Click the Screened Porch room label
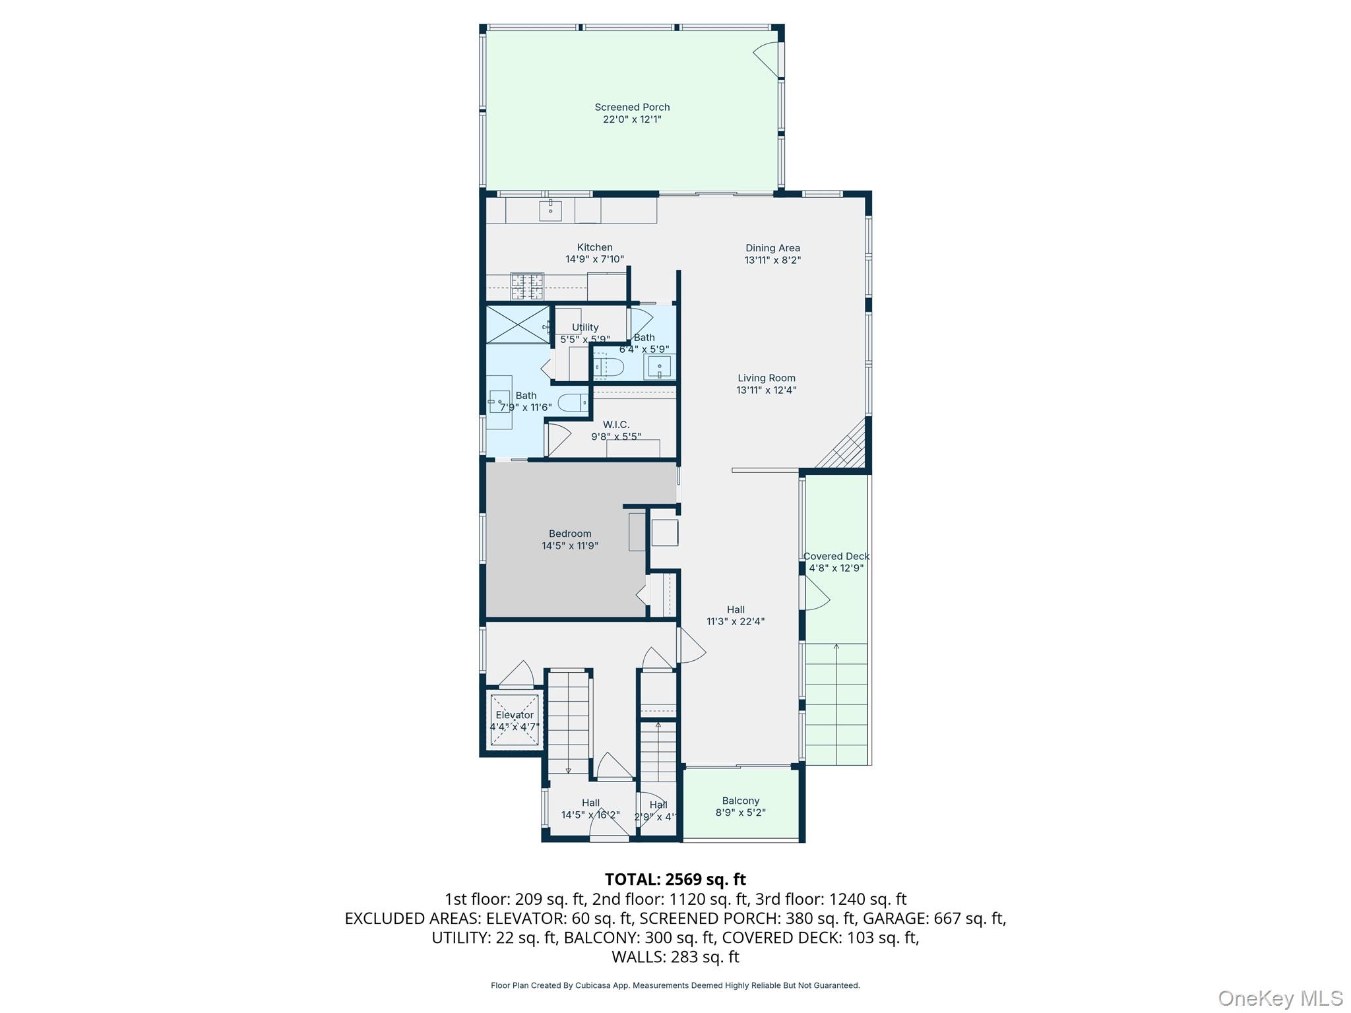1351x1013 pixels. pyautogui.click(x=632, y=107)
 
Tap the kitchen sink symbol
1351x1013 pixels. pyautogui.click(x=550, y=210)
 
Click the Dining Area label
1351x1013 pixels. pyautogui.click(x=772, y=248)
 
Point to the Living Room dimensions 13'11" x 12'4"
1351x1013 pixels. pyautogui.click(x=767, y=390)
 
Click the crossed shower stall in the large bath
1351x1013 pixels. pyautogui.click(x=518, y=324)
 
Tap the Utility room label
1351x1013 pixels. pyautogui.click(x=585, y=327)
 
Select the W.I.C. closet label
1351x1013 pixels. pyautogui.click(x=616, y=425)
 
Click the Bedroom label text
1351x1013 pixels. pyautogui.click(x=570, y=534)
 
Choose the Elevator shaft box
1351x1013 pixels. pyautogui.click(x=515, y=720)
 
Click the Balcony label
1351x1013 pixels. pyautogui.click(x=740, y=801)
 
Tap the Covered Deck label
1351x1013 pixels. pyautogui.click(x=836, y=556)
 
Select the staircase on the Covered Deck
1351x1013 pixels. pyautogui.click(x=836, y=704)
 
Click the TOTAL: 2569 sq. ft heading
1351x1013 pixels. pyautogui.click(x=675, y=879)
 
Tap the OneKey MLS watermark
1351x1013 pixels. pyautogui.click(x=1280, y=998)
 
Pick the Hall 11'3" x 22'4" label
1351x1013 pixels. pyautogui.click(x=736, y=615)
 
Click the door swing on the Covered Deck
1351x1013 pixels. pyautogui.click(x=817, y=593)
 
